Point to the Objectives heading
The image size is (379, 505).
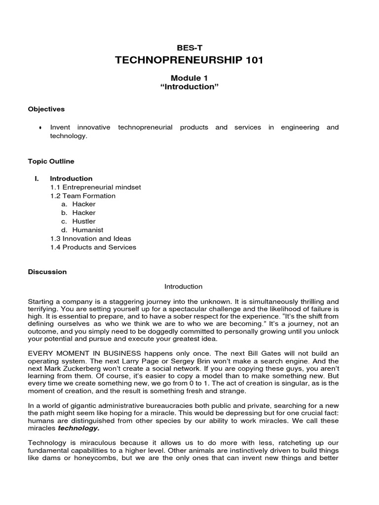46,109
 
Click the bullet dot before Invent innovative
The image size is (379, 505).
39,128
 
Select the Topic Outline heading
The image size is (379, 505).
51,161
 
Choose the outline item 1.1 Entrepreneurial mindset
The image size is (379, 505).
95,187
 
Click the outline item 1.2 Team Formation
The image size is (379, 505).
82,196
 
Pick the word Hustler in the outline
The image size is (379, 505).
84,221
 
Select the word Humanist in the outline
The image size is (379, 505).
87,230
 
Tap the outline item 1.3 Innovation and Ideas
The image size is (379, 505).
90,239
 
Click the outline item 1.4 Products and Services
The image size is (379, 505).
93,247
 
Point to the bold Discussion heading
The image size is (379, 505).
47,272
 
